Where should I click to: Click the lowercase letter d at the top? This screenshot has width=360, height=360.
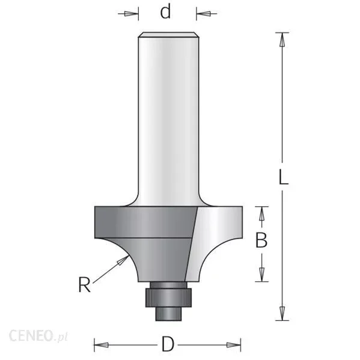coord(165,12)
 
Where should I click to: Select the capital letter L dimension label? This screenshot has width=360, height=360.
coord(283,177)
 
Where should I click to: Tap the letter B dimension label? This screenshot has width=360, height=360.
coord(261,240)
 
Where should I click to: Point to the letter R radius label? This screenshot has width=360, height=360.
coord(84,285)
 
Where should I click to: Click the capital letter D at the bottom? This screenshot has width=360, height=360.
coord(168,344)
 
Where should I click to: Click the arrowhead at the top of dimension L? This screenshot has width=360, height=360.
coord(282,40)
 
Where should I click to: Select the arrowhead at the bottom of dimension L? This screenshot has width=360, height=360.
coord(282,313)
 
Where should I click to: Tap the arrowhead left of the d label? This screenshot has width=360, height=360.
coord(132,14)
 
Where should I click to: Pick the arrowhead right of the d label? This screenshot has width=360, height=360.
coord(203,14)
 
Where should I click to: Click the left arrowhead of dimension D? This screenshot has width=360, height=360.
coord(101,344)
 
